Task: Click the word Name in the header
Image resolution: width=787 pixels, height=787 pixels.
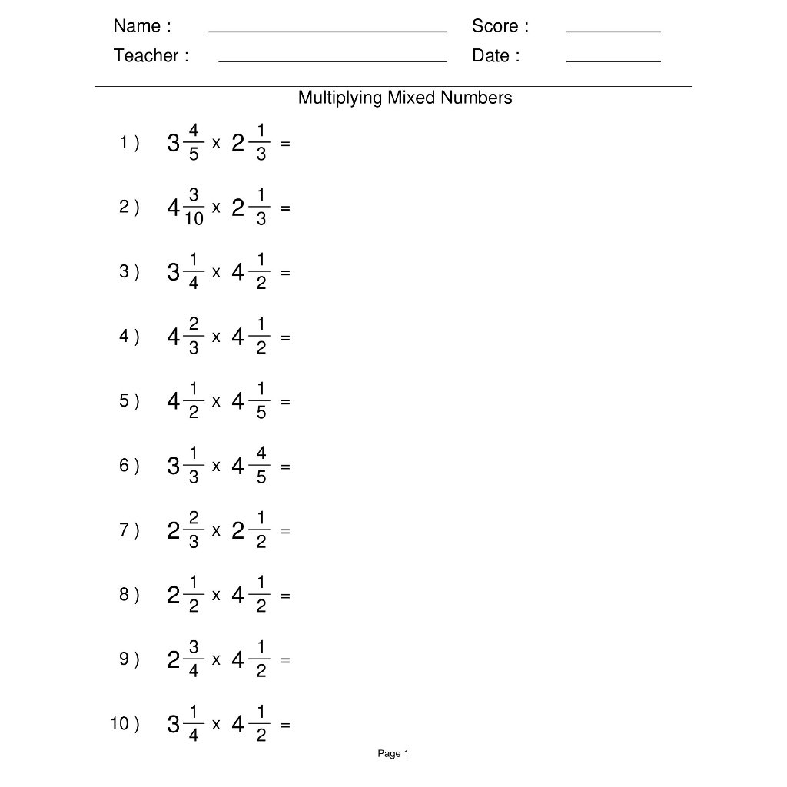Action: coord(138,26)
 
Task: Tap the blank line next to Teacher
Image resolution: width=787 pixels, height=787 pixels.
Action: coord(332,60)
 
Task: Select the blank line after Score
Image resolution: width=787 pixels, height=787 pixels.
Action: coord(613,31)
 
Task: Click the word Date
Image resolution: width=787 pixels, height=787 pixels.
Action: coord(491,55)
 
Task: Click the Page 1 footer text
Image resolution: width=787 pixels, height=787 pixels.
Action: coord(393,754)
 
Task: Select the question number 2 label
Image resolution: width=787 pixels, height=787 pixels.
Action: coord(128,207)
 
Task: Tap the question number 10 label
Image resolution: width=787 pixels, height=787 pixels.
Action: coord(125,723)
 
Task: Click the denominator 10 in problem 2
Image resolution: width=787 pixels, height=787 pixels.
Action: coord(194,219)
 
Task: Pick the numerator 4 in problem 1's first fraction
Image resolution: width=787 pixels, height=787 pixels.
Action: coord(194,131)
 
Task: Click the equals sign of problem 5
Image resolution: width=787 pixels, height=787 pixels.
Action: coord(285,401)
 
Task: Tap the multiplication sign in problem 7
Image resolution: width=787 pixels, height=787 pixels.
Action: coord(216,530)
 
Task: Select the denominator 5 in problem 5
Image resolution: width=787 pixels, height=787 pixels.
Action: coord(261,413)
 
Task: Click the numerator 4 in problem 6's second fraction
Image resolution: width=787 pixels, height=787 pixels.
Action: coord(261,454)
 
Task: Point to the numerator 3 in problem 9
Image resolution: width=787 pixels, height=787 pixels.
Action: coord(194,648)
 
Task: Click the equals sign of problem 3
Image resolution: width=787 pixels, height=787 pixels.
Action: coord(285,272)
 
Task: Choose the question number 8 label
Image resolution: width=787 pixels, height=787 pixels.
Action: coord(128,594)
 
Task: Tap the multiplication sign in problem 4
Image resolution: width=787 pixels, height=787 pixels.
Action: coord(216,336)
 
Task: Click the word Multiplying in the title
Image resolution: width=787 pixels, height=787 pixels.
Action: coord(340,98)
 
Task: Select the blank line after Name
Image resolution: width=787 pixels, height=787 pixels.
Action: coord(327,32)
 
